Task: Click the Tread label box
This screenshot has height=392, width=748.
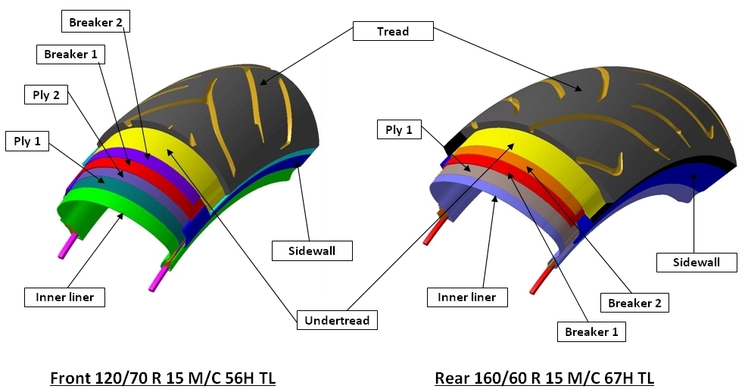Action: [x=392, y=31]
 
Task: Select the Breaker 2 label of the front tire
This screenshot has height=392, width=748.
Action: [x=95, y=22]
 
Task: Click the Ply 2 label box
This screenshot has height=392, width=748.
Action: [x=46, y=95]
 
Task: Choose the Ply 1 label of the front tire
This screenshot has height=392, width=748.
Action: [x=27, y=141]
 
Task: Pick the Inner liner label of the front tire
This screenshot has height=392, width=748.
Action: [x=64, y=297]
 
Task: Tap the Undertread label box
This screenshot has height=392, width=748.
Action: [x=337, y=320]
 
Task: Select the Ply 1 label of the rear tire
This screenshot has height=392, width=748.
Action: [x=398, y=129]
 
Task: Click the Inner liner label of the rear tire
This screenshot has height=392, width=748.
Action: [x=466, y=297]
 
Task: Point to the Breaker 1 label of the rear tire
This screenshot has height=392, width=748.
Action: [x=587, y=331]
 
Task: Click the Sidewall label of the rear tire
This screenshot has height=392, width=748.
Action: [x=697, y=262]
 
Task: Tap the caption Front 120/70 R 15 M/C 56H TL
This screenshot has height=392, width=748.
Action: [x=162, y=377]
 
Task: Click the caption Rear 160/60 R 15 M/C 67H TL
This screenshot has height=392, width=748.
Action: [x=544, y=377]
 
